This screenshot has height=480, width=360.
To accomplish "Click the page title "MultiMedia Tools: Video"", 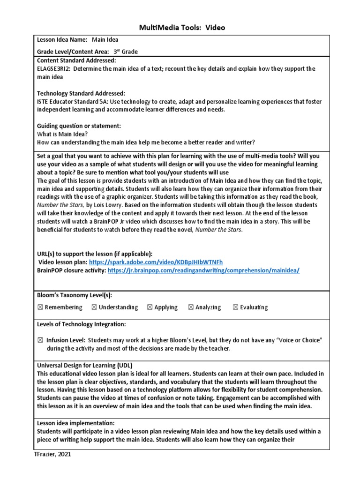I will click(x=182, y=28).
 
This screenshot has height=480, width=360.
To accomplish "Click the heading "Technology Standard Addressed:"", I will click(x=81, y=93).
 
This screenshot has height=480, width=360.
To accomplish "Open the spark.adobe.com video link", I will click(x=156, y=262).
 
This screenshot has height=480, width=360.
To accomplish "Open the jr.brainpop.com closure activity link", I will click(x=203, y=270).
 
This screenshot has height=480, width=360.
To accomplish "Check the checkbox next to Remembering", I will click(x=40, y=307).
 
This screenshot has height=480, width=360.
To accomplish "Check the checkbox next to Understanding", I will click(x=94, y=307).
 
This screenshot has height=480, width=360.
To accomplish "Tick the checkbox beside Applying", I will click(x=150, y=307).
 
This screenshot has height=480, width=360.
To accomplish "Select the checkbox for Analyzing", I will click(x=191, y=307).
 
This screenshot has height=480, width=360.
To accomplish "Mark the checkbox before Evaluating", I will click(x=235, y=307).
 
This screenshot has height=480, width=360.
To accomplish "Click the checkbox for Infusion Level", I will click(x=40, y=340).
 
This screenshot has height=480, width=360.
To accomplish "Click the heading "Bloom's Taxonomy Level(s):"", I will click(x=75, y=295).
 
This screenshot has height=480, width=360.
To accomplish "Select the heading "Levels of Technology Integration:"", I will click(x=81, y=324).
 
